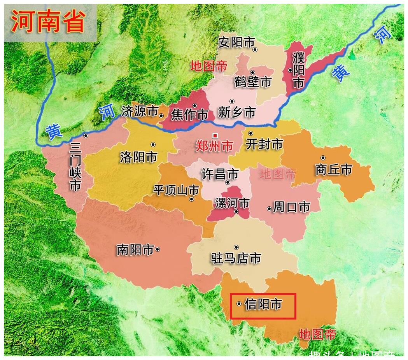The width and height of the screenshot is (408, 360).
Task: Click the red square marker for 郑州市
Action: pyautogui.click(x=215, y=135)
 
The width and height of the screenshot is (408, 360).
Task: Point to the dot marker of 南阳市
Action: pyautogui.click(x=157, y=249)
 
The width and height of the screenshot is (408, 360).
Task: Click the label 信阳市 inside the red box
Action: pyautogui.click(x=263, y=304)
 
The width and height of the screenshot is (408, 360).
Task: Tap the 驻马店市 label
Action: pyautogui.click(x=236, y=258)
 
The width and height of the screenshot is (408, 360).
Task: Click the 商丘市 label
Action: pyautogui.click(x=334, y=170)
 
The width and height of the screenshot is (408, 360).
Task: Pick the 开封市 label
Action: pyautogui.click(x=264, y=144)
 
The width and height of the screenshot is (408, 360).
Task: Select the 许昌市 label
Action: pyautogui.click(x=220, y=174)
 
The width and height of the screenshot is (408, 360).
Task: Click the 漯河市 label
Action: pyautogui.click(x=232, y=203)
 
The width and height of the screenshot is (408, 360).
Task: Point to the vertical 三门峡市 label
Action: pyautogui.click(x=75, y=167)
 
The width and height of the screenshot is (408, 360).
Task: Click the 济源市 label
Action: pyautogui.click(x=139, y=111)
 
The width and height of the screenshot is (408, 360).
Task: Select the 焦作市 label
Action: pyautogui.click(x=190, y=114)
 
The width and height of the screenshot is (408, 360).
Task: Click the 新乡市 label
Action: pyautogui.click(x=237, y=112)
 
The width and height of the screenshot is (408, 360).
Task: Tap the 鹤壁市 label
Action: pyautogui.click(x=253, y=82)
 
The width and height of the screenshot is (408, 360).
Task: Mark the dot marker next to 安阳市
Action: pyautogui.click(x=255, y=49)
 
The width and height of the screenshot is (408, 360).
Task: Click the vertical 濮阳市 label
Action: pyautogui.click(x=298, y=71)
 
